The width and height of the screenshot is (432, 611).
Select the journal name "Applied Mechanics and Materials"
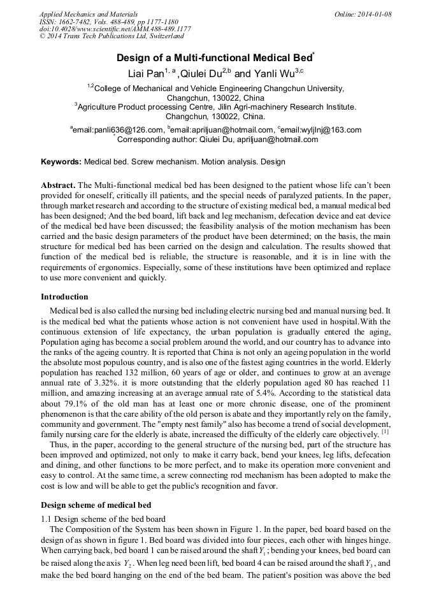click(88, 14)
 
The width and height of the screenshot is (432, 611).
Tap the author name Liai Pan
click(146, 73)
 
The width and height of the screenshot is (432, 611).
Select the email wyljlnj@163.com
click(323, 130)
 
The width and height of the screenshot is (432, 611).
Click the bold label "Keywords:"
click(61, 162)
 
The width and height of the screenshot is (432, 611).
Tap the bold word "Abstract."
click(58, 184)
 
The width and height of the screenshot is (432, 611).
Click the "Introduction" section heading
click(64, 296)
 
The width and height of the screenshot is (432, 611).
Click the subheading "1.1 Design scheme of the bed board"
click(103, 519)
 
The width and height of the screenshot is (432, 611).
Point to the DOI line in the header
click(115, 29)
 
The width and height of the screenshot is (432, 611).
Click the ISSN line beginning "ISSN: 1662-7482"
click(108, 22)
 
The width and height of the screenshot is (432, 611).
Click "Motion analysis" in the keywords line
click(232, 162)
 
